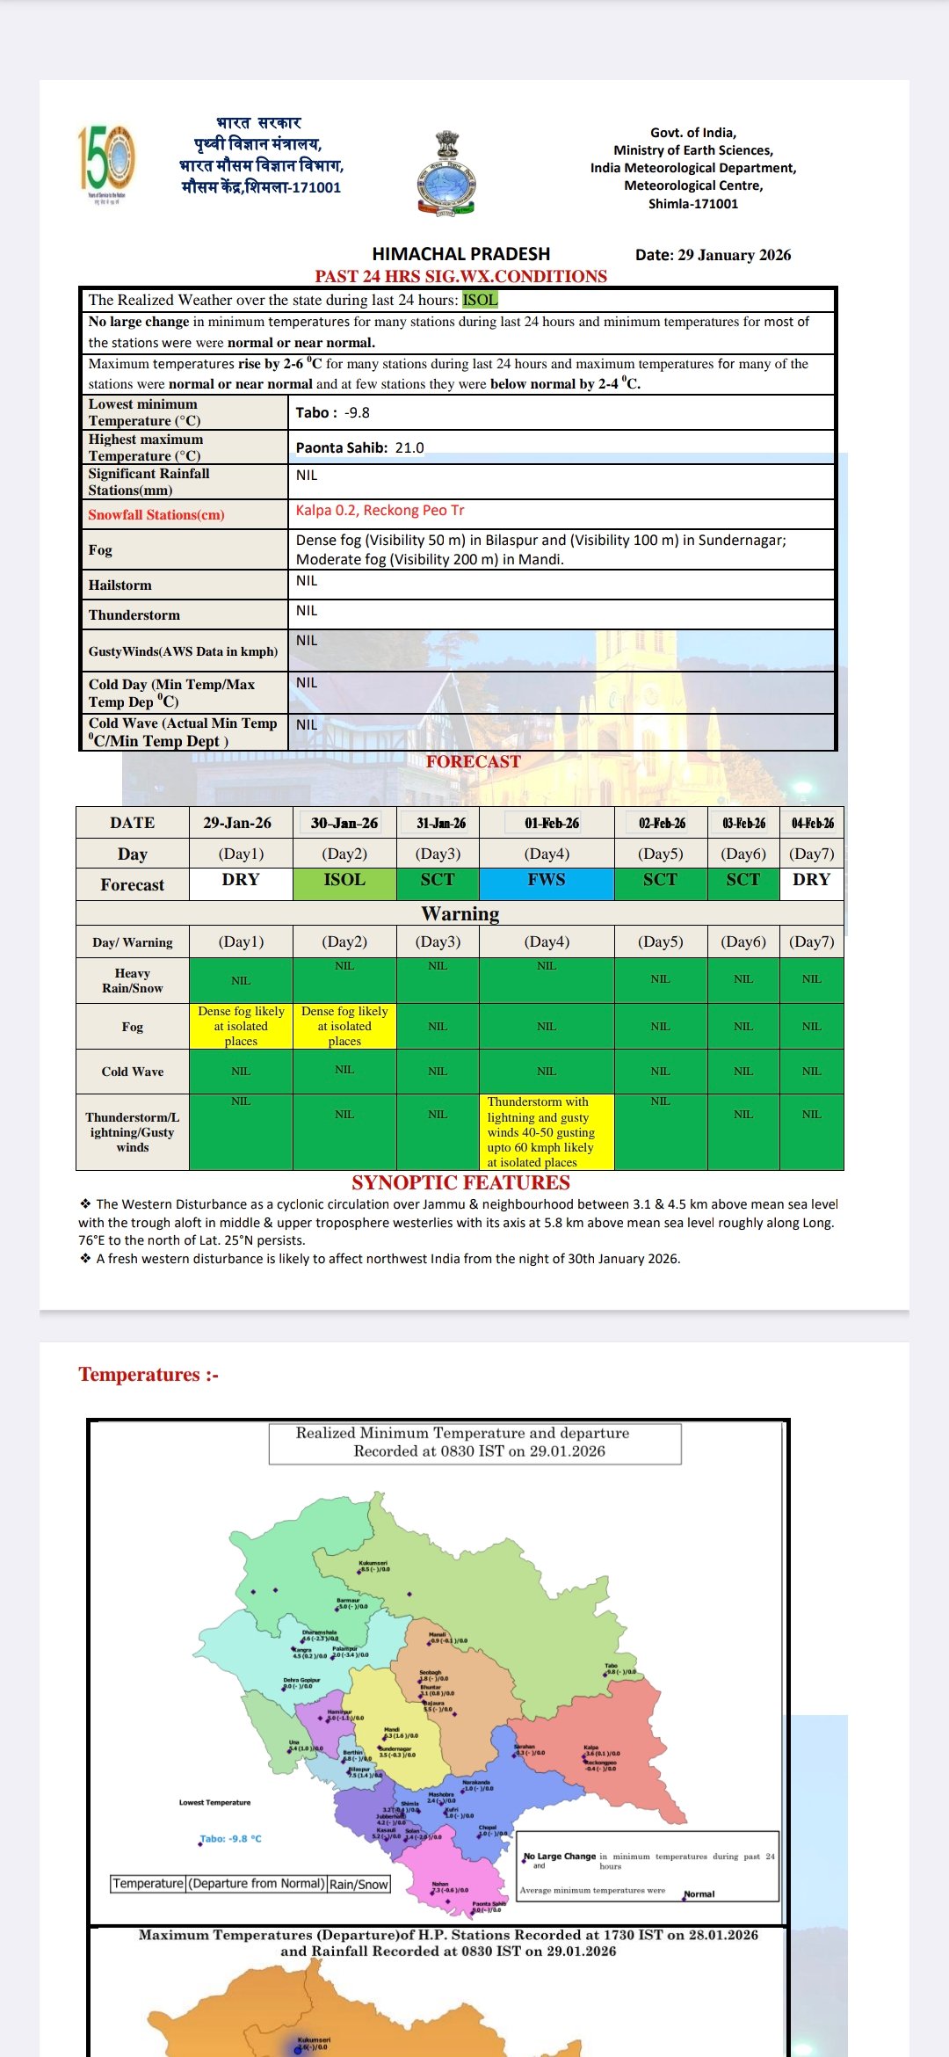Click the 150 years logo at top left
pyautogui.click(x=106, y=164)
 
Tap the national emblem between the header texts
pyautogui.click(x=446, y=173)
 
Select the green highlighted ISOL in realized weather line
pyautogui.click(x=480, y=300)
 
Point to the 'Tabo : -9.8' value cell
pyautogui.click(x=333, y=412)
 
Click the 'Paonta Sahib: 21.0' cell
pyautogui.click(x=359, y=447)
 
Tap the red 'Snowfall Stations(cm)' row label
pyautogui.click(x=156, y=514)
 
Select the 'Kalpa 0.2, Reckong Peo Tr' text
pyautogui.click(x=380, y=511)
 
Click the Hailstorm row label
pyautogui.click(x=120, y=585)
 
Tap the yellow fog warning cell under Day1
pyautogui.click(x=241, y=1026)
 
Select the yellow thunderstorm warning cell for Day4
pyautogui.click(x=547, y=1131)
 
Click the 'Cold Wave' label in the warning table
pyautogui.click(x=133, y=1072)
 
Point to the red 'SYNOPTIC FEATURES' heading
pyautogui.click(x=460, y=1182)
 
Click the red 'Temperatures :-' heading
pyautogui.click(x=149, y=1374)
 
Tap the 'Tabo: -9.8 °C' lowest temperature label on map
pyautogui.click(x=231, y=1838)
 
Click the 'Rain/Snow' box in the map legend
pyautogui.click(x=359, y=1884)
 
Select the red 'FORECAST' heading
pyautogui.click(x=474, y=761)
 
